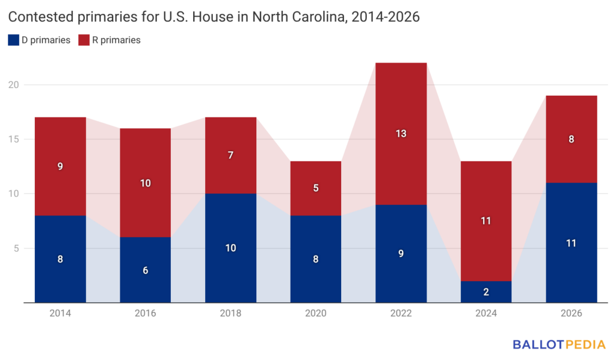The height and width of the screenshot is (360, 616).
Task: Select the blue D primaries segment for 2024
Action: tap(486, 291)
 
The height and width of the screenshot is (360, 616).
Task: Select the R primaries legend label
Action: tap(116, 40)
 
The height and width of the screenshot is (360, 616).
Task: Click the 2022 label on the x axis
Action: tap(401, 314)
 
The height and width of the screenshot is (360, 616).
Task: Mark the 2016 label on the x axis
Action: tap(145, 314)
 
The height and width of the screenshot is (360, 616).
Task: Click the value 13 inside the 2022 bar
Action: tap(401, 134)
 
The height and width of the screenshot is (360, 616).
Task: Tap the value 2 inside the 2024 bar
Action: tap(486, 292)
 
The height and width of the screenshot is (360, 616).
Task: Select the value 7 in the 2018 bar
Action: tap(230, 155)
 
